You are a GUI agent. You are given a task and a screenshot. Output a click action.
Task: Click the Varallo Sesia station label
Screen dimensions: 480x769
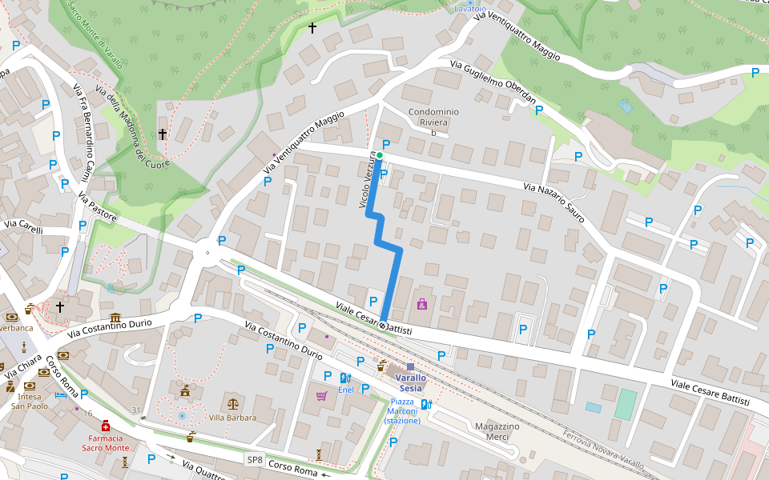[x=409, y=382]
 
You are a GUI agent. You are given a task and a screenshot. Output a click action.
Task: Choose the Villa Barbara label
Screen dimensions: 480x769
[x=232, y=418]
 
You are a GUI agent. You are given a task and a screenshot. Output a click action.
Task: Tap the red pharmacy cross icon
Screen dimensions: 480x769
[x=106, y=428]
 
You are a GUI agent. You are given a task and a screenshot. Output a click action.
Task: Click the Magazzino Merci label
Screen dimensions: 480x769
[x=497, y=431]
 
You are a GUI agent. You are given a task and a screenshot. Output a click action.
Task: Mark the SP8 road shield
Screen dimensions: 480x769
[x=254, y=459]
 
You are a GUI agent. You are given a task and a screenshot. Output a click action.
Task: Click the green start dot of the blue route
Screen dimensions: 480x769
[x=380, y=155]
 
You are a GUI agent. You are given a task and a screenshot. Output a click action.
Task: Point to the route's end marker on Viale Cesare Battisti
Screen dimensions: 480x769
[x=384, y=326]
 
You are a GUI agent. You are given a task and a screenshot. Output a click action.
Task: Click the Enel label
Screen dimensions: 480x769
[x=345, y=390]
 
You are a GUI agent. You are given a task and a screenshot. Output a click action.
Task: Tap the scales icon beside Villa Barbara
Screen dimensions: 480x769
[x=233, y=404]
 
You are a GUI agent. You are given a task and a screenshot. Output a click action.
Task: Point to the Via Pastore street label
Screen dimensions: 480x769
[x=98, y=206]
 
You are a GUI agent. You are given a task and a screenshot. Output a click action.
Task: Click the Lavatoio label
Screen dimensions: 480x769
[x=470, y=8]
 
